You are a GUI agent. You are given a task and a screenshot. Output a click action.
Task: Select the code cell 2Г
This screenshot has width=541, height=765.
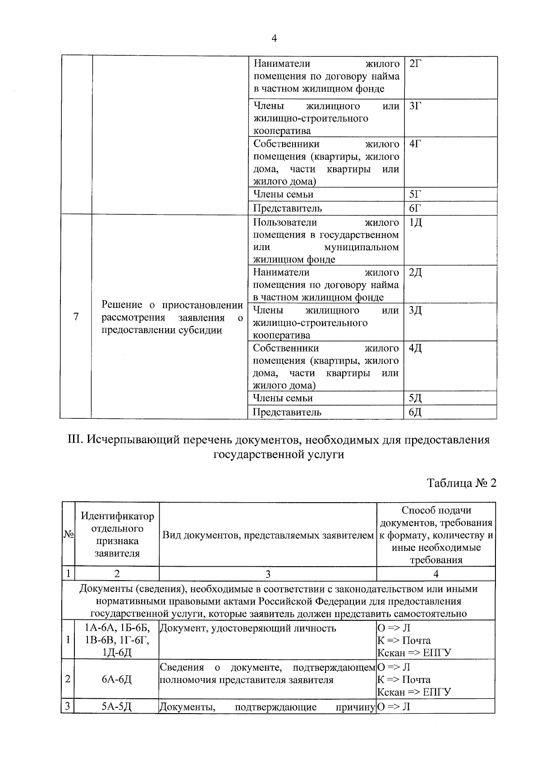pyautogui.click(x=415, y=64)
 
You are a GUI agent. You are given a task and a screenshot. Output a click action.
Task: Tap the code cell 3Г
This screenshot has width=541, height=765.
pyautogui.click(x=415, y=106)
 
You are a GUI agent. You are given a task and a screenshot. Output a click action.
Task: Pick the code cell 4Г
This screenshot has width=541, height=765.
pyautogui.click(x=415, y=144)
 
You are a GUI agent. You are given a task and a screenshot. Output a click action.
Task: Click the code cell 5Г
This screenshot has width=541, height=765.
pyautogui.click(x=415, y=194)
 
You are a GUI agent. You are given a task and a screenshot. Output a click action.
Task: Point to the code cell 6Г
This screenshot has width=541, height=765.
pyautogui.click(x=415, y=208)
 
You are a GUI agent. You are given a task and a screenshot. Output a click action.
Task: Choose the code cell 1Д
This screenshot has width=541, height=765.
pyautogui.click(x=415, y=223)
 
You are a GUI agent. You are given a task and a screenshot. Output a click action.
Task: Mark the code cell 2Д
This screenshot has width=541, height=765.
pyautogui.click(x=415, y=273)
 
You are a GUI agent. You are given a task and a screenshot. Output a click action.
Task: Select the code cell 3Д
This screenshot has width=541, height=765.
pyautogui.click(x=415, y=311)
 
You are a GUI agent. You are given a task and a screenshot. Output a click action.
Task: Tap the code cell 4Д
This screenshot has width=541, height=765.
pyautogui.click(x=415, y=348)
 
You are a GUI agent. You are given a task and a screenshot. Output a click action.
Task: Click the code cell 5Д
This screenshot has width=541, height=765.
pyautogui.click(x=415, y=398)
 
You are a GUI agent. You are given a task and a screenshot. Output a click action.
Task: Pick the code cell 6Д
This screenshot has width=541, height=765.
pyautogui.click(x=415, y=412)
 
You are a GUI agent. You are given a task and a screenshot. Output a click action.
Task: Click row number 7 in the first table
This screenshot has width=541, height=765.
pyautogui.click(x=76, y=317)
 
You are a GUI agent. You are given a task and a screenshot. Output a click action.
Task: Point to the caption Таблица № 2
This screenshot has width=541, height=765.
pyautogui.click(x=461, y=483)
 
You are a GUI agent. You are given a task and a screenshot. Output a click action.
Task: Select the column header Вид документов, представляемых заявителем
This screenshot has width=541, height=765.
pyautogui.click(x=268, y=535)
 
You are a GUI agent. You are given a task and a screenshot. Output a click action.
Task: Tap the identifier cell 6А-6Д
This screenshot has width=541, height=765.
pyautogui.click(x=117, y=679)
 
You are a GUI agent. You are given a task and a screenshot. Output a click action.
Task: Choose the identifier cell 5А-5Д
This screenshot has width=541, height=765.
pyautogui.click(x=117, y=707)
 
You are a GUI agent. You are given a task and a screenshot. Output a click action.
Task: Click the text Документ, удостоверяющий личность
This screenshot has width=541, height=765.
pyautogui.click(x=248, y=628)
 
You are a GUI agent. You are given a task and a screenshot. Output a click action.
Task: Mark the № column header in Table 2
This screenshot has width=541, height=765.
pyautogui.click(x=68, y=535)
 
